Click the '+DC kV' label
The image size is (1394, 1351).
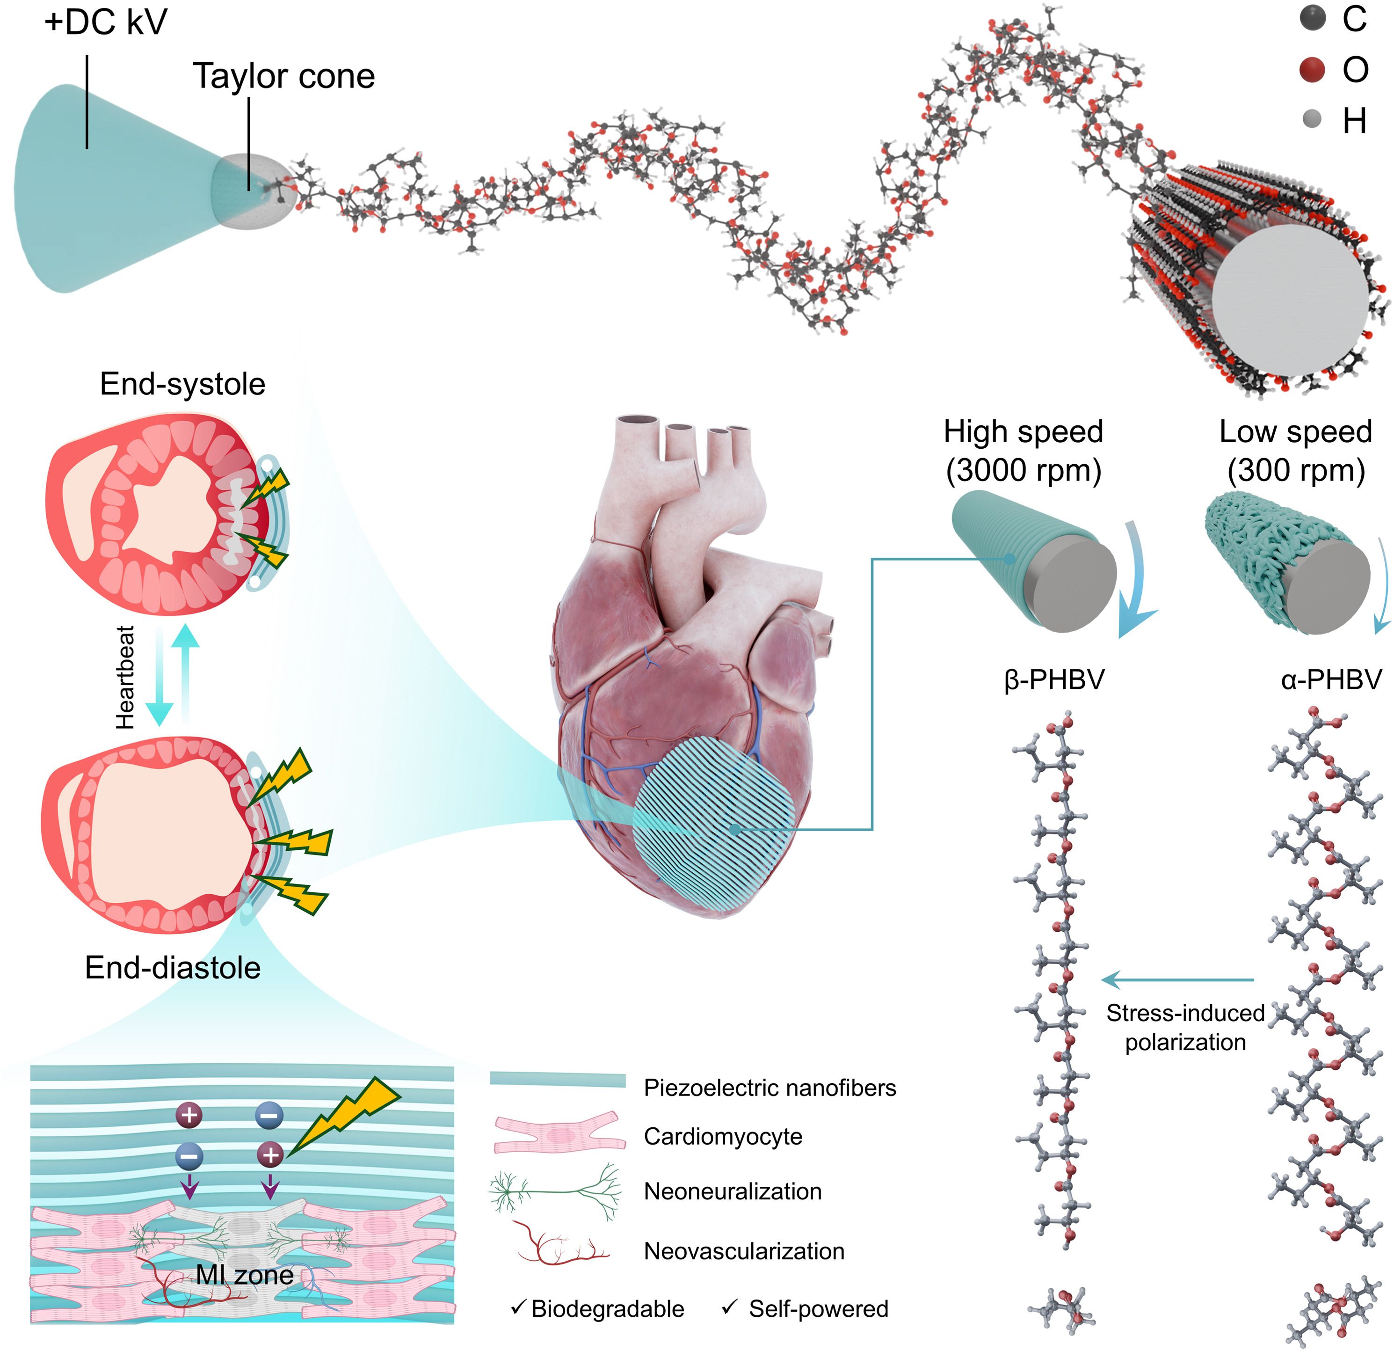click(x=105, y=22)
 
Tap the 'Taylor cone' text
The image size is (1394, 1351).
click(x=284, y=76)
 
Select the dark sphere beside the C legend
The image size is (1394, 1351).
click(x=1312, y=19)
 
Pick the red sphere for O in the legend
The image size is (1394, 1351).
click(x=1312, y=70)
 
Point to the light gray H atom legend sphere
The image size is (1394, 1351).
click(x=1312, y=119)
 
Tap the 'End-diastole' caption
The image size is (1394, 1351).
click(x=173, y=968)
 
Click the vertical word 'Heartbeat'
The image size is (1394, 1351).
click(x=126, y=677)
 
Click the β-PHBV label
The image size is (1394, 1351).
click(x=1054, y=680)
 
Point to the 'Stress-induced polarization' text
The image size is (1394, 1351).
click(x=1185, y=1027)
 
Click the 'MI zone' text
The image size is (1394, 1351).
click(x=245, y=1275)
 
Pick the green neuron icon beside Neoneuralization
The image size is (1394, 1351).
click(x=555, y=1192)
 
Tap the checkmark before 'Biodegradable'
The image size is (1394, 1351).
click(x=518, y=1307)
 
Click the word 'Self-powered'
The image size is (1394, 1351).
click(x=819, y=1309)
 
